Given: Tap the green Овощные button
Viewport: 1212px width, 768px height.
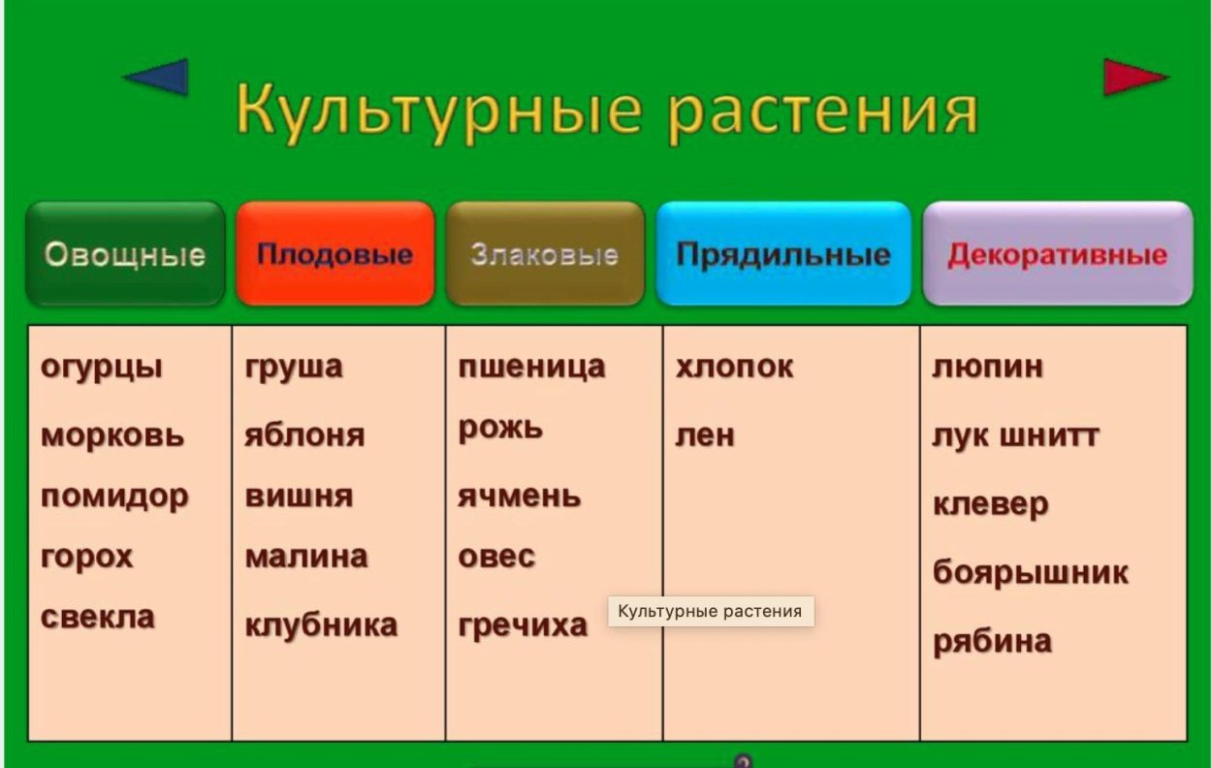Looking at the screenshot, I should [x=125, y=254].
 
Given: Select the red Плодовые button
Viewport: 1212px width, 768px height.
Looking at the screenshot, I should [x=335, y=254].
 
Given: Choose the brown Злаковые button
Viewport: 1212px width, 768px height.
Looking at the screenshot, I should [x=545, y=254].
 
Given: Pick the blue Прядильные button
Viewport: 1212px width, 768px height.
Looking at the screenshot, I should [x=783, y=254].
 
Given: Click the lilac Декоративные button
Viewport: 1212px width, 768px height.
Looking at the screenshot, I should [x=1057, y=254].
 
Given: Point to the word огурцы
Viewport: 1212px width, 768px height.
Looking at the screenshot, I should [x=102, y=368].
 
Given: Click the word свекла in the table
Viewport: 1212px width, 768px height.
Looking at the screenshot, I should [x=98, y=617].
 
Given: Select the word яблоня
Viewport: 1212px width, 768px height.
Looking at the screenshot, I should [x=304, y=434].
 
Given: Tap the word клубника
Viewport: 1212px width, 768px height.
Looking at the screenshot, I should [x=321, y=624].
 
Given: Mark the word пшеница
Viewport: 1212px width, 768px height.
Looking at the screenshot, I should [x=531, y=368].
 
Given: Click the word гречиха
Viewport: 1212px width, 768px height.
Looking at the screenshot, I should [x=523, y=624].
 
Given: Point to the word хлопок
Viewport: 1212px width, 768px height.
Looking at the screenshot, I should [x=734, y=367].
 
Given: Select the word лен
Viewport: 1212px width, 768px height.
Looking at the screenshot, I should [x=705, y=435].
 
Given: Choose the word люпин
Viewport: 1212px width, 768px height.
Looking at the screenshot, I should [x=987, y=367].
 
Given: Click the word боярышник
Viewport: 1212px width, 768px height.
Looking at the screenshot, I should [x=1030, y=572].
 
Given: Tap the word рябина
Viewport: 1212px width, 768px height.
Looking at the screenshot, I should [x=992, y=641].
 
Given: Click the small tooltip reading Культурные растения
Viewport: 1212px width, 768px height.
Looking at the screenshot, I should [x=710, y=611].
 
